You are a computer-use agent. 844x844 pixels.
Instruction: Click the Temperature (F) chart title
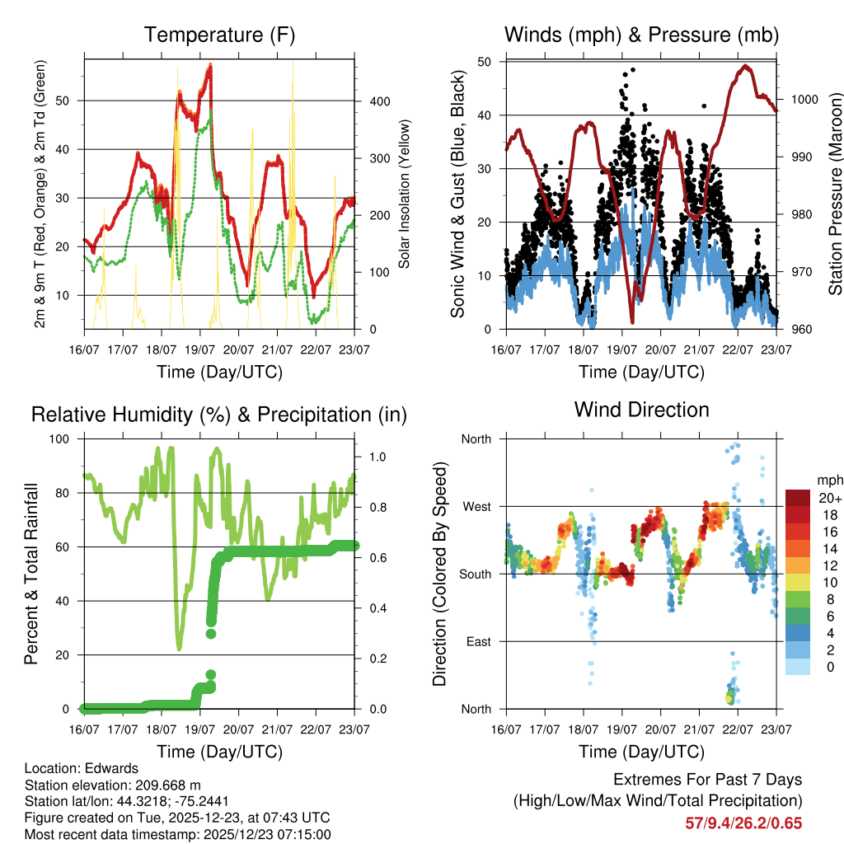pos(219,35)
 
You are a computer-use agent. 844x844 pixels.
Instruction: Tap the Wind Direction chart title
pos(641,409)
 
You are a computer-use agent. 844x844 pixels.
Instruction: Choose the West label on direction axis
pos(476,506)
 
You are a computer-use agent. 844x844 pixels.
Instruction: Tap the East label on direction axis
pos(477,641)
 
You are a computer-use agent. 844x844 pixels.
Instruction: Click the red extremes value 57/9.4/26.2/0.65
pos(743,823)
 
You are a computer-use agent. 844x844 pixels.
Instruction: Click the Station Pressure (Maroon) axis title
pos(834,194)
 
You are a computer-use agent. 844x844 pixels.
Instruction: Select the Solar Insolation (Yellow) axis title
pos(405,194)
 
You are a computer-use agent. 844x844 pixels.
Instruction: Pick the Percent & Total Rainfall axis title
pos(31,574)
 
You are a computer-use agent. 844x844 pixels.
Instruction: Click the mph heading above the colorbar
pos(828,480)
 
